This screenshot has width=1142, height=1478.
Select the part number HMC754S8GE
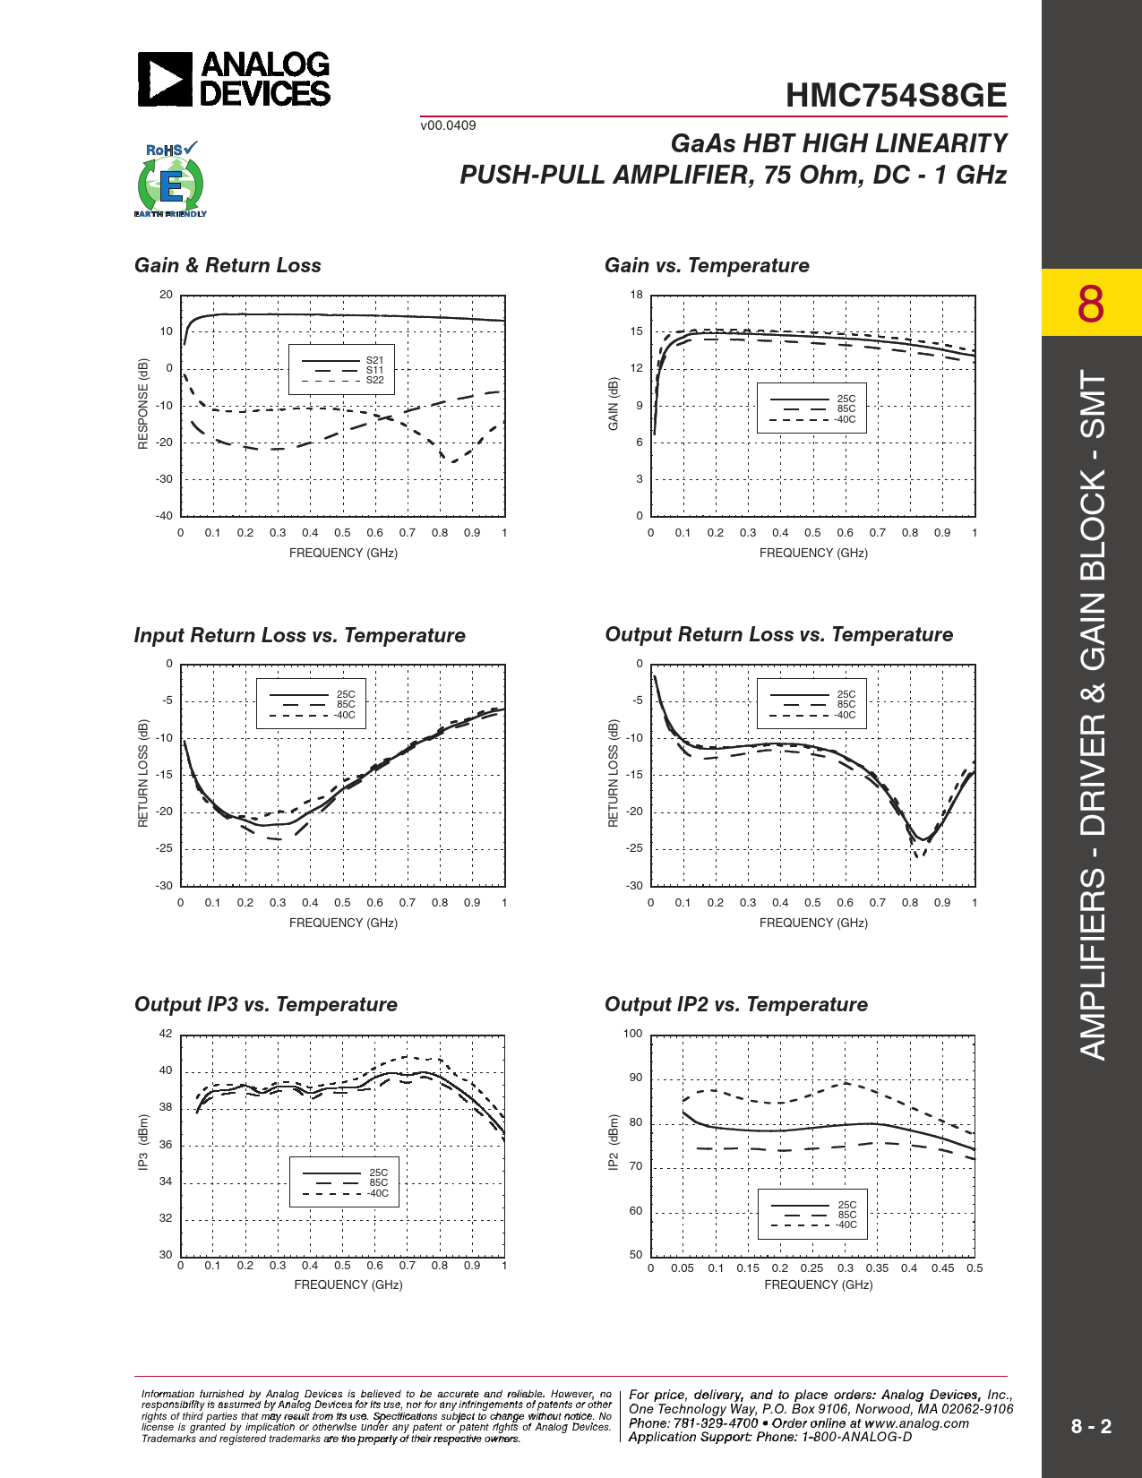click(896, 96)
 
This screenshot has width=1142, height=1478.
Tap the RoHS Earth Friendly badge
click(170, 180)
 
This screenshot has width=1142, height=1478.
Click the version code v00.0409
click(448, 125)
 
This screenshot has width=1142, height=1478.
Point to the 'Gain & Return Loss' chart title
click(228, 265)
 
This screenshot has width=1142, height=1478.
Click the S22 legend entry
click(374, 380)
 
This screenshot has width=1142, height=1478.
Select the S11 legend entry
click(374, 370)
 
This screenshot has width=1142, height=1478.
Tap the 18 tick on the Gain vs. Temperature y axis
click(636, 295)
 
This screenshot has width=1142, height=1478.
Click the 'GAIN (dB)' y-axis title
click(614, 404)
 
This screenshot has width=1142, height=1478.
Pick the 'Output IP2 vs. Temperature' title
click(735, 1004)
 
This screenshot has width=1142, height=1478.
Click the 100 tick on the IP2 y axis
click(632, 1034)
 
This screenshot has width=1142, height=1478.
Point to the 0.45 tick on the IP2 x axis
click(942, 1268)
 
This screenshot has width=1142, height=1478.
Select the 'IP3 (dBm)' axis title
click(143, 1142)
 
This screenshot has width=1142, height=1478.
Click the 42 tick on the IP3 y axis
click(166, 1034)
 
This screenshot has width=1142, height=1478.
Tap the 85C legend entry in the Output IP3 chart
click(378, 1182)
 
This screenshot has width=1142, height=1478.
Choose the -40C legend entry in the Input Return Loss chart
click(345, 715)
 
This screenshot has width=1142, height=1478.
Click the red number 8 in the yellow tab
click(1091, 304)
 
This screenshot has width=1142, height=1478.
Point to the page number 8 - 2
click(1091, 1426)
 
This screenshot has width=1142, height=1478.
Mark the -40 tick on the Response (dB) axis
click(164, 516)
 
